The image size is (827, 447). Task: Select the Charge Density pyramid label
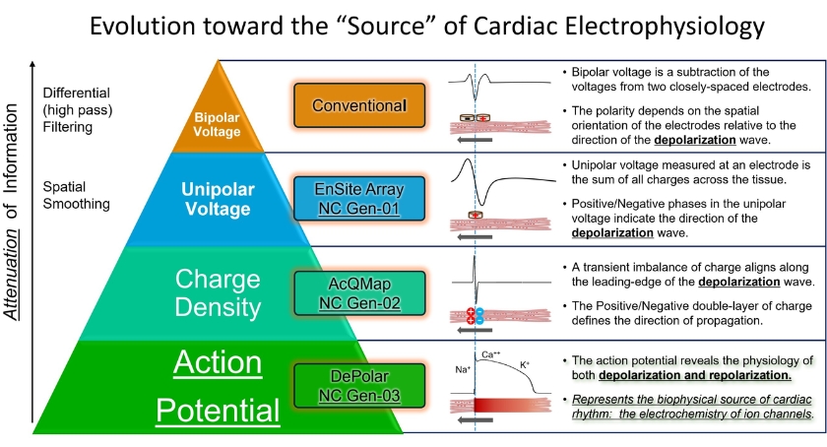click(218, 291)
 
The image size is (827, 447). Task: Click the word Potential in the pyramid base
click(218, 410)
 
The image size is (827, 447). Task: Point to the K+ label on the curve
click(525, 365)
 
